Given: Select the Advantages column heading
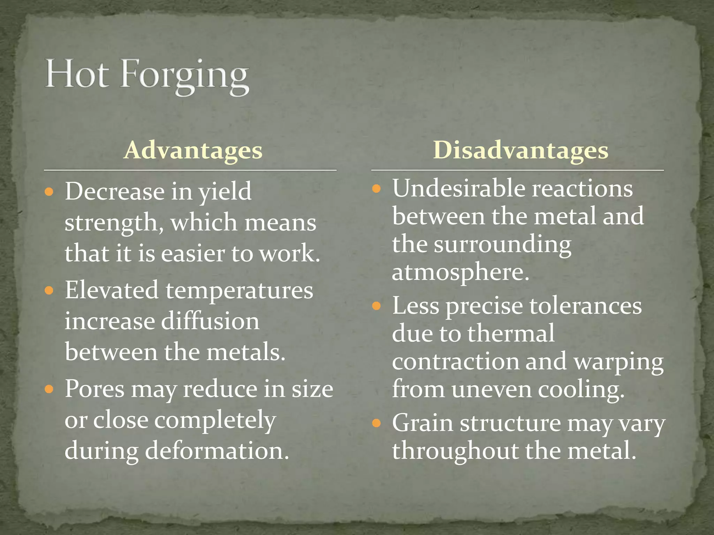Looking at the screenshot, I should pos(193,150).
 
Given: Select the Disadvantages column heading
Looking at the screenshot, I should pos(521,150).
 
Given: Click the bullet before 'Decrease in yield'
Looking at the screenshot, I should pos(49,192).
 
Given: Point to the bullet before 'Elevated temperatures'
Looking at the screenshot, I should pos(49,290).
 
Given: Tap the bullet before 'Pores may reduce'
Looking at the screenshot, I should pos(49,389).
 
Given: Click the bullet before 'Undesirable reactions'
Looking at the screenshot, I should pos(376,189).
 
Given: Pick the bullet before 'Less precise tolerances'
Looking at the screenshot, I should pos(376,306).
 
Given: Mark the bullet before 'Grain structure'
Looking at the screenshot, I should pos(376,423).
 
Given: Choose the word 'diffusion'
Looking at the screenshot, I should pos(210,321).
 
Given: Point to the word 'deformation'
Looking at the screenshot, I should pos(217,450).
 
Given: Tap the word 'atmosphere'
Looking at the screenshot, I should pos(460,272).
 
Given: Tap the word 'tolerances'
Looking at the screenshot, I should pos(585,306).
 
